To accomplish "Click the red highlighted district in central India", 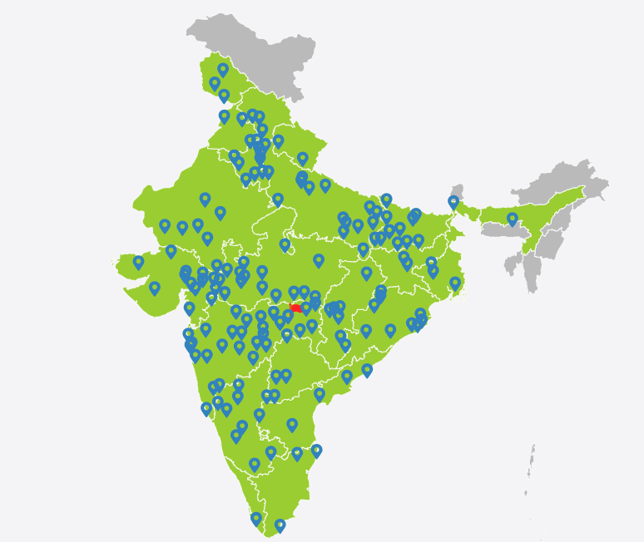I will [295, 308].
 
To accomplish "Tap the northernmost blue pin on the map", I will [223, 70].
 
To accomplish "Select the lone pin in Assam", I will [513, 219].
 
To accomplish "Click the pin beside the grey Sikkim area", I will [453, 202].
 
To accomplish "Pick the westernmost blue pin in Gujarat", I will [138, 262].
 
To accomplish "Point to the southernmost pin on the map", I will [280, 525].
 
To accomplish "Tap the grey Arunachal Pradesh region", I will [574, 179].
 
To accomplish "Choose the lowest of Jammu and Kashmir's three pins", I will [224, 96].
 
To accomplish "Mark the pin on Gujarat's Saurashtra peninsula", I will [154, 288].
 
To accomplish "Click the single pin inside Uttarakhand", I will [303, 158].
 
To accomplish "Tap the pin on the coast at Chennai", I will [316, 451].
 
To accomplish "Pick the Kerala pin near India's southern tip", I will [256, 519].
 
